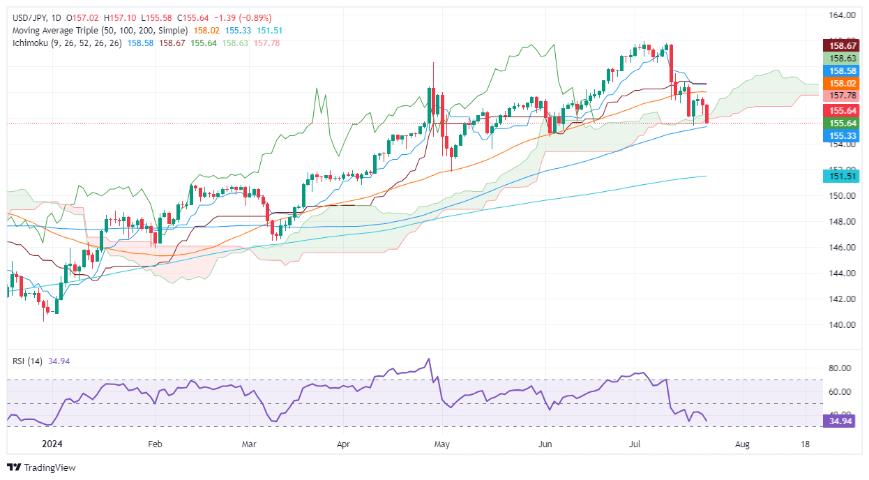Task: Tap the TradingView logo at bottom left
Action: [41, 467]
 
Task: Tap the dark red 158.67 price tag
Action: [842, 45]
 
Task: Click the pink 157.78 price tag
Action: [842, 96]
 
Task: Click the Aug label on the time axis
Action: [742, 444]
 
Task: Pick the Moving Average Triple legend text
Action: [97, 31]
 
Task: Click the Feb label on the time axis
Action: [155, 444]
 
